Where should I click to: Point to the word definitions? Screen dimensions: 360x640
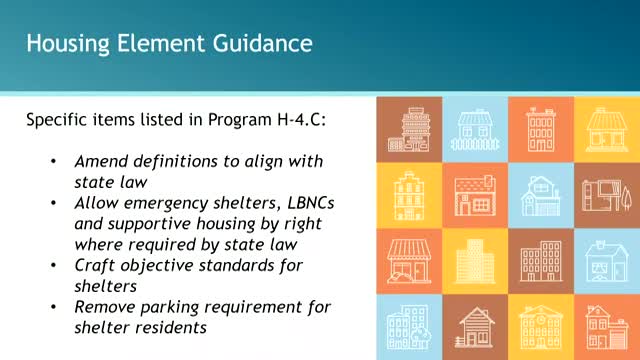[173, 162]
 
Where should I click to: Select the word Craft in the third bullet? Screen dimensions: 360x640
[95, 265]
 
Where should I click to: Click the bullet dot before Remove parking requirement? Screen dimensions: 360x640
[53, 307]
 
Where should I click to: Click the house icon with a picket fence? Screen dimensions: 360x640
[475, 129]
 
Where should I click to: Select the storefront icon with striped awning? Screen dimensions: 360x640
[409, 260]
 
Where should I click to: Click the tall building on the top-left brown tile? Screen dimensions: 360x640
[409, 129]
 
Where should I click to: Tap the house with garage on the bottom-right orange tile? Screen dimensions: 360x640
[607, 325]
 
